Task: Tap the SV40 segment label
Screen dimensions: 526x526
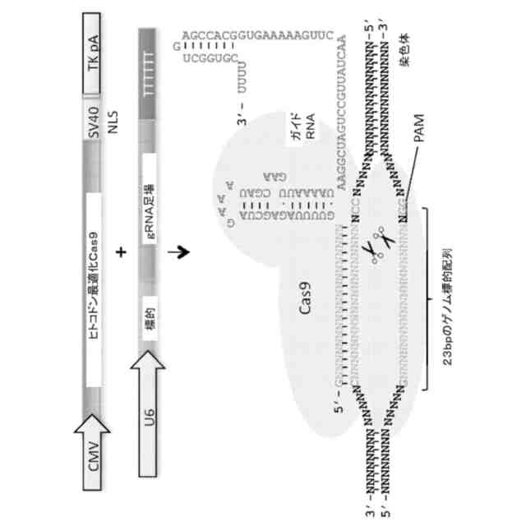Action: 95,121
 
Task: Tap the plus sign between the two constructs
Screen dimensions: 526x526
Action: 122,253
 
